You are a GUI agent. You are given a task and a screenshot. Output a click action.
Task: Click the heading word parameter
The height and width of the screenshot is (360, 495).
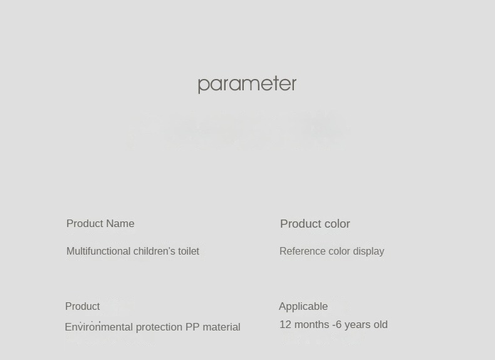[x=247, y=85]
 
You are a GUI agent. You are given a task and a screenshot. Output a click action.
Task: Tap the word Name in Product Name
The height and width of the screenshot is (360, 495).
[x=120, y=224]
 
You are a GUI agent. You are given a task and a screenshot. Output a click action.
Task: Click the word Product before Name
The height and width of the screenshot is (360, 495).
[x=85, y=224]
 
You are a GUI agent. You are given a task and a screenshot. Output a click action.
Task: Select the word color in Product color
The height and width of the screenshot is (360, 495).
[x=336, y=224]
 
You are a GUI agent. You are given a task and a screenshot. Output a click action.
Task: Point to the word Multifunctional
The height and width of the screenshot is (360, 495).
[x=98, y=251]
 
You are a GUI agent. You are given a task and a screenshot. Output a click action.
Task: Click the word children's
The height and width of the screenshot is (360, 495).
[x=154, y=251]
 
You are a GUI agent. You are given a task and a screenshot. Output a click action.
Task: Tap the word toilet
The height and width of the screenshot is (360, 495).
[x=189, y=251]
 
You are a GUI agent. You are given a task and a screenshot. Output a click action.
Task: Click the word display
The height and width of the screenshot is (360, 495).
[x=368, y=251]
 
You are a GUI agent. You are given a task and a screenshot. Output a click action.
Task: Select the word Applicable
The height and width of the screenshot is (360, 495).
[x=303, y=307]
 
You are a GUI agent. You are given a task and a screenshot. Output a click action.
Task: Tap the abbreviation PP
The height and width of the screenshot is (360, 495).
[x=192, y=327]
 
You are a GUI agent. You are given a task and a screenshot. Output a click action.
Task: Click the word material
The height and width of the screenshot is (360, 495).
[x=221, y=327]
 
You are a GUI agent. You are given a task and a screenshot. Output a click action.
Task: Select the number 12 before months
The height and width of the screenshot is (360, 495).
[x=285, y=325]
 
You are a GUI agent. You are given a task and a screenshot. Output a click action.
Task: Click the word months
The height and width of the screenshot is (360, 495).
[x=311, y=325]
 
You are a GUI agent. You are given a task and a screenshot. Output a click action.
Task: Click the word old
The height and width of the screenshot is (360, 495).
[x=380, y=325]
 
